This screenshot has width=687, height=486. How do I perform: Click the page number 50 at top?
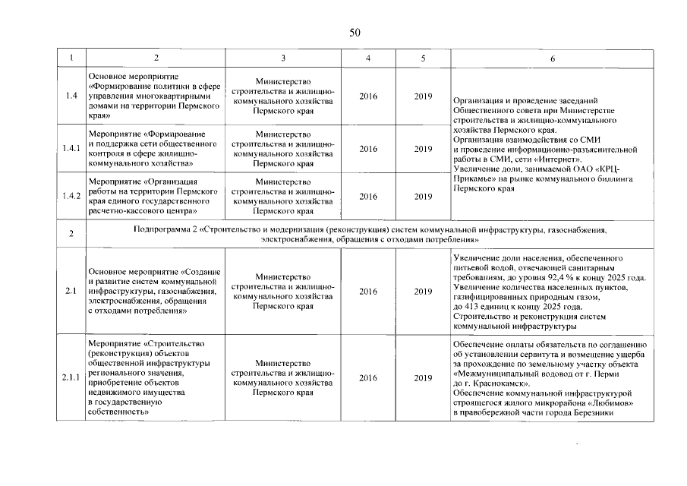(x=355, y=32)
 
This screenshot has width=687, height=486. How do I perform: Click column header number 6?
(x=552, y=58)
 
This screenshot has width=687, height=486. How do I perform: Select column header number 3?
(x=282, y=58)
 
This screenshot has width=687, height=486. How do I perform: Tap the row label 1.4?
(x=71, y=96)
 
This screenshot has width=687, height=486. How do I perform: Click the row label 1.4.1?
(x=71, y=149)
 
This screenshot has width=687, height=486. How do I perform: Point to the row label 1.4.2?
(x=71, y=196)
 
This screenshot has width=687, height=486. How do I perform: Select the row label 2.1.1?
(x=71, y=377)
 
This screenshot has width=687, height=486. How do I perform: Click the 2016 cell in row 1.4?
(x=368, y=96)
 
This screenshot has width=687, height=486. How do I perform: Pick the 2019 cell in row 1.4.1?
(x=423, y=149)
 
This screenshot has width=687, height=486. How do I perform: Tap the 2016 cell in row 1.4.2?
(x=368, y=196)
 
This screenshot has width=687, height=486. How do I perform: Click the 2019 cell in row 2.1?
(x=423, y=291)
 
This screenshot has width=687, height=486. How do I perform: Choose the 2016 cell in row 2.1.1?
(x=368, y=377)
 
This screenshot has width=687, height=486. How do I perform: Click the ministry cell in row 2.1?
(x=282, y=292)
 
